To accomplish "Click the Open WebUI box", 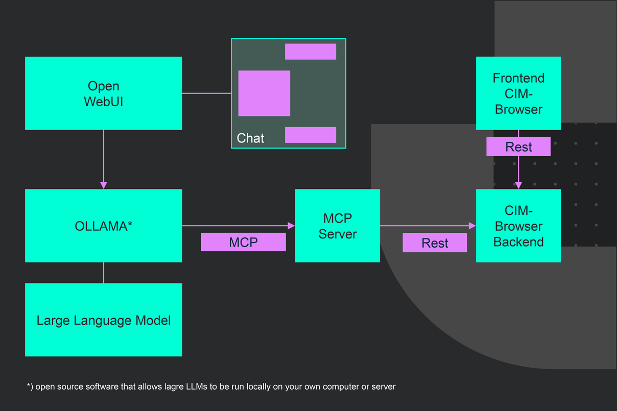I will click(x=104, y=93).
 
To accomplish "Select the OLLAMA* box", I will click(x=104, y=226).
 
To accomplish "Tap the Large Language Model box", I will click(x=104, y=320).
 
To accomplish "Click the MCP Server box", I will click(x=337, y=226).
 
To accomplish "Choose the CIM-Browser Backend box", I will click(x=518, y=226).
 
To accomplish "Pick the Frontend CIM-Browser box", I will click(x=518, y=93).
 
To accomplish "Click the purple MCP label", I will click(x=243, y=242).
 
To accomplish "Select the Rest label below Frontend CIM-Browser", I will click(x=518, y=147).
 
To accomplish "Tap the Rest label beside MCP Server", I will click(x=435, y=243).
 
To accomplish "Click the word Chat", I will click(x=251, y=138).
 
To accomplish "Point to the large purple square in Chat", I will click(x=264, y=93).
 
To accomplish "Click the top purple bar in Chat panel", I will click(x=310, y=52).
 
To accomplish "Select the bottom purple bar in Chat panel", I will click(x=310, y=135).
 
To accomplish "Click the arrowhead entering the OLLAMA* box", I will click(x=104, y=185).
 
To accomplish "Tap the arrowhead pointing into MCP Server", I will click(x=292, y=226).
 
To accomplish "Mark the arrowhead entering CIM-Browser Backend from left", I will click(x=472, y=226).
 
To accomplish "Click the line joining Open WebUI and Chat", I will click(x=206, y=93).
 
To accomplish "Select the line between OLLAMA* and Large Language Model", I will click(x=104, y=273).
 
